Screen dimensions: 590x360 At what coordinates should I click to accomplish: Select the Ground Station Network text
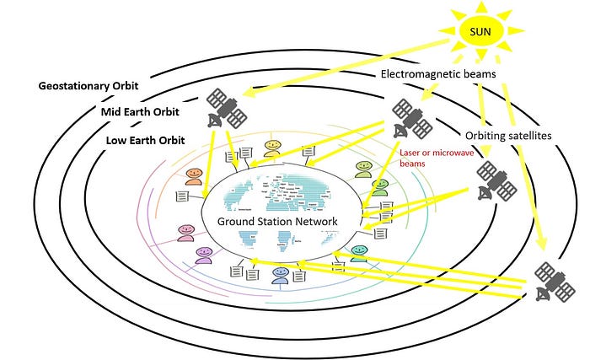tap(277, 221)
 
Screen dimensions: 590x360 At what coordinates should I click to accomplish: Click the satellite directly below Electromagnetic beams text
tap(410, 119)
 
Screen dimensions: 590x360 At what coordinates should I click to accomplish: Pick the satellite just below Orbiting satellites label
tap(495, 181)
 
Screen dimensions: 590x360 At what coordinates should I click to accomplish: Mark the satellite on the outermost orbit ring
tap(553, 281)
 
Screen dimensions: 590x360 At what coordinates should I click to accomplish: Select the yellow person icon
tap(272, 149)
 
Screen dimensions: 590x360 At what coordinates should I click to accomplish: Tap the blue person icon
tap(279, 277)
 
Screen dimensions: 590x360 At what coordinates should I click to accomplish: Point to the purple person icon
tap(203, 254)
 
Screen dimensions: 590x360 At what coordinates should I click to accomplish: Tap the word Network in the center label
tap(313, 221)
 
